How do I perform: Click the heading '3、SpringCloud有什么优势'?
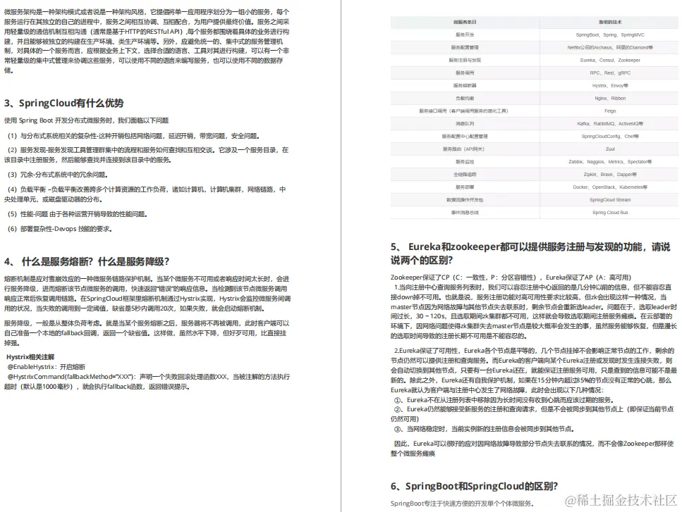(63, 103)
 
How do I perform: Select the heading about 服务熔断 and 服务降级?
(87, 261)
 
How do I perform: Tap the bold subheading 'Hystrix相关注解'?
(35, 357)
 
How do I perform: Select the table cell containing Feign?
(610, 111)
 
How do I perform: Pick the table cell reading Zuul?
(610, 149)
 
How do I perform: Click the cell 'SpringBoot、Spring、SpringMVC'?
(610, 35)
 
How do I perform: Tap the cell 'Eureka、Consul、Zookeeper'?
(610, 60)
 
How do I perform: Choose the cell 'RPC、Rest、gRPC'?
(610, 73)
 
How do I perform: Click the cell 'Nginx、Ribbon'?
(610, 98)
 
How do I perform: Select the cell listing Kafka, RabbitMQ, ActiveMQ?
(610, 123)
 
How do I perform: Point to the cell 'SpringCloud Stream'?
(610, 199)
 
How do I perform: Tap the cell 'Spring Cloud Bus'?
(610, 212)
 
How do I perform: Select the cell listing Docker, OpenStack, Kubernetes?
(610, 187)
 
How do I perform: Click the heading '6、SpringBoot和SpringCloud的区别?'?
(475, 486)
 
